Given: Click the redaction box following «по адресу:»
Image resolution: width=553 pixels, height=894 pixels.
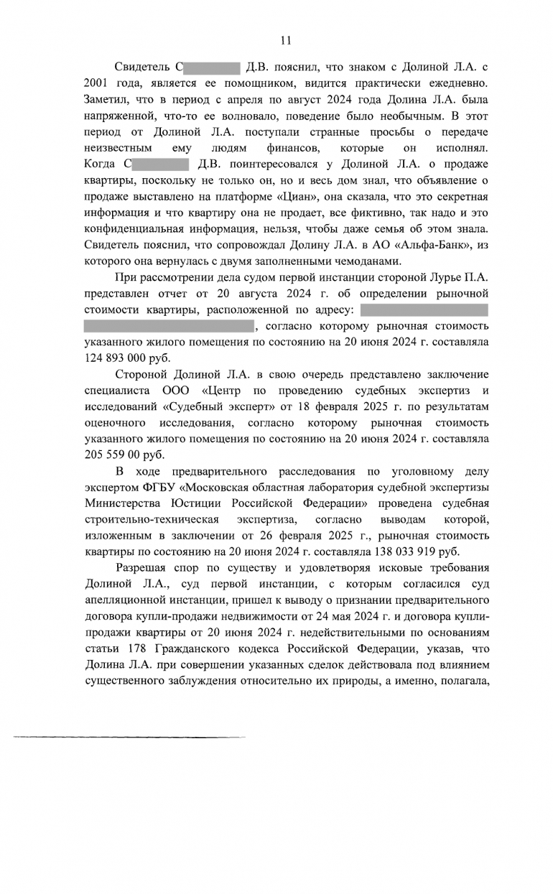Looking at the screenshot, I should tap(424, 310).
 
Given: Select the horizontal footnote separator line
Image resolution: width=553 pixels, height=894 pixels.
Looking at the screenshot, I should tap(129, 737).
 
